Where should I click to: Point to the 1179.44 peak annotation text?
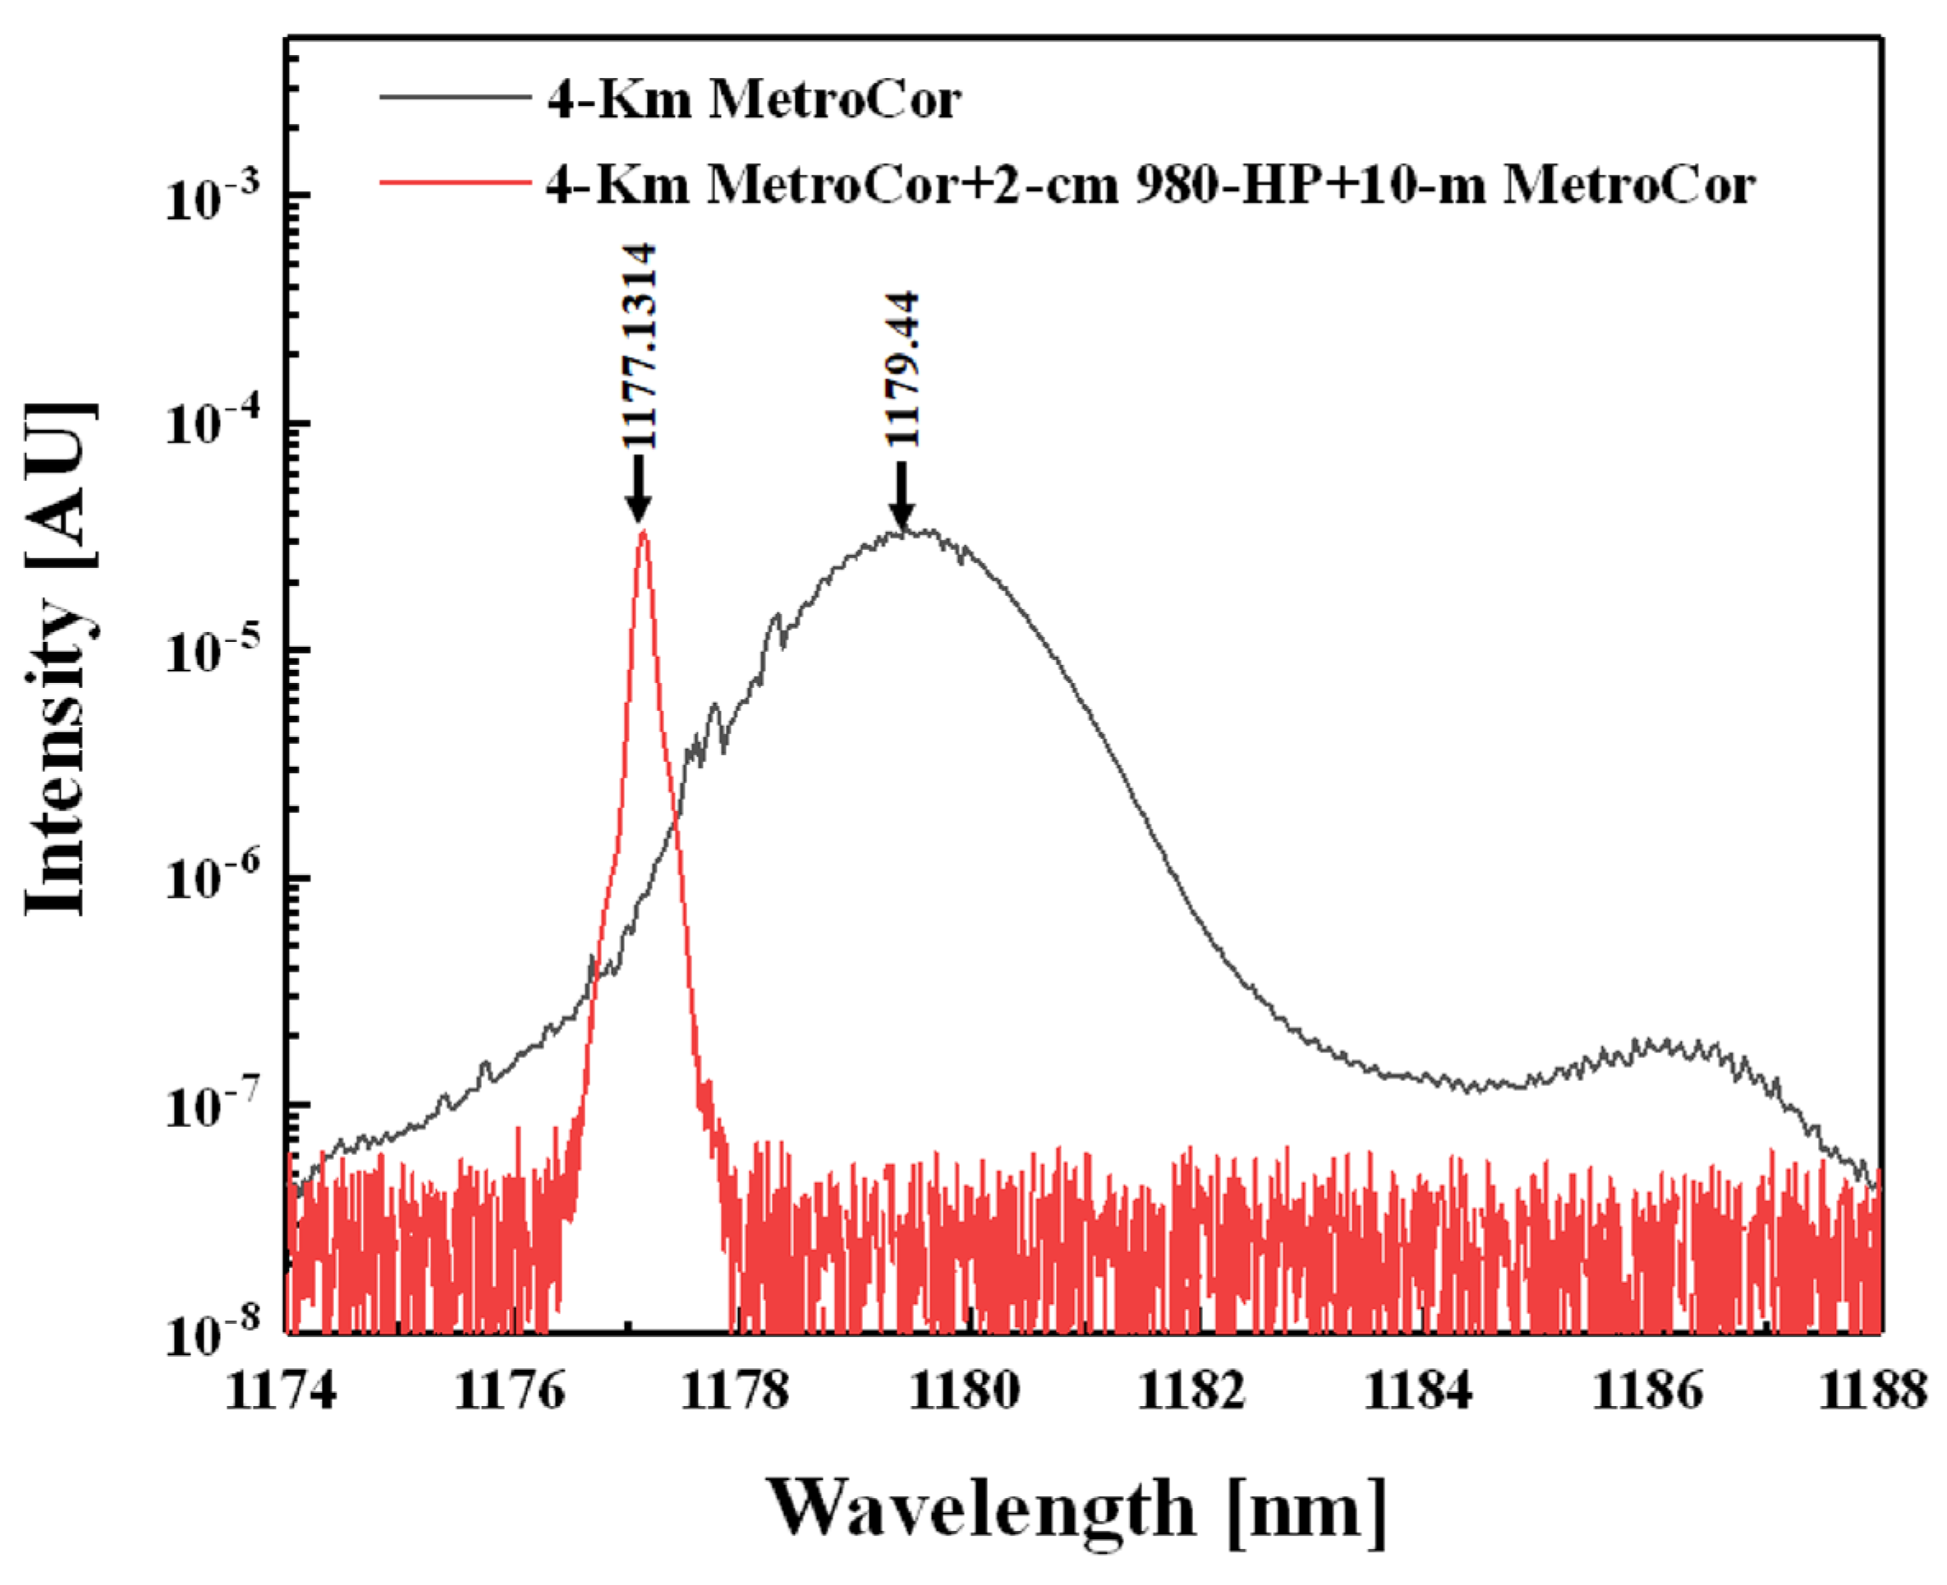click(902, 369)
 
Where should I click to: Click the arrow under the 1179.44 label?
click(902, 496)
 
